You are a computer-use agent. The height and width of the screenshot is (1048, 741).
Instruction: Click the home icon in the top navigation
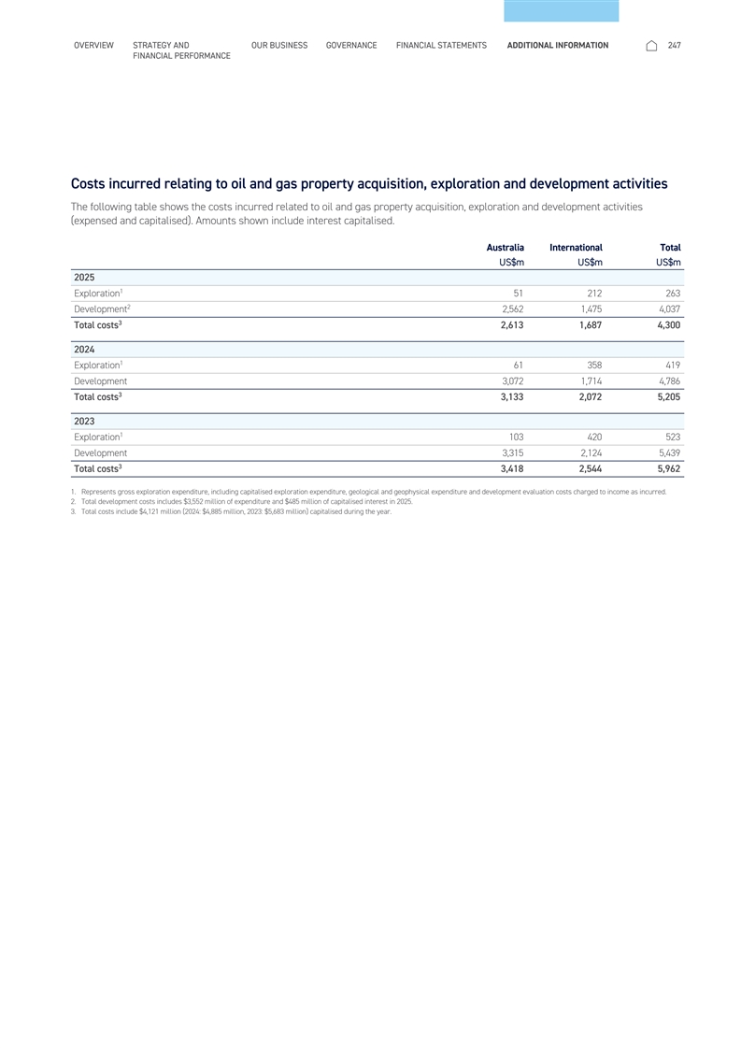[651, 45]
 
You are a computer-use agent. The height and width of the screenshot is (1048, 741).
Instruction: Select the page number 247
[675, 45]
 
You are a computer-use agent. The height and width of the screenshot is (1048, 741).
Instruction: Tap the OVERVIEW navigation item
[93, 45]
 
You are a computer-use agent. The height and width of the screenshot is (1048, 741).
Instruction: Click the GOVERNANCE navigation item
[351, 45]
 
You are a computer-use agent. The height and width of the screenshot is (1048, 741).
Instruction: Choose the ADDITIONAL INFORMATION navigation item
[557, 45]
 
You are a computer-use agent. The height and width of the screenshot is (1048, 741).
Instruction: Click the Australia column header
[506, 247]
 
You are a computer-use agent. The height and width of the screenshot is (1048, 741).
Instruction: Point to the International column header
[576, 247]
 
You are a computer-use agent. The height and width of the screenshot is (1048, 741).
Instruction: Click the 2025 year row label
[84, 278]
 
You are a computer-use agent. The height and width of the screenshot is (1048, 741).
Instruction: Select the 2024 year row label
[84, 350]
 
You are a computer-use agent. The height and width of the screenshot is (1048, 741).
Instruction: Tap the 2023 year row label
[84, 421]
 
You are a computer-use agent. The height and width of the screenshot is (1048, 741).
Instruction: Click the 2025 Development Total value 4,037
[665, 309]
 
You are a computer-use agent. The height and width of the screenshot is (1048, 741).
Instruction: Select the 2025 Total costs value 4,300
[665, 326]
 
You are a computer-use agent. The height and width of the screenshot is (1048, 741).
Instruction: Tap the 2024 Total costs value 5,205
[665, 398]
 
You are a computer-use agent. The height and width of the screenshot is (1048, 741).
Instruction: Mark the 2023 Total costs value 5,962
[665, 469]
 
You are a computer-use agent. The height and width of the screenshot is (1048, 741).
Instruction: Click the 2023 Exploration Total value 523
[669, 437]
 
